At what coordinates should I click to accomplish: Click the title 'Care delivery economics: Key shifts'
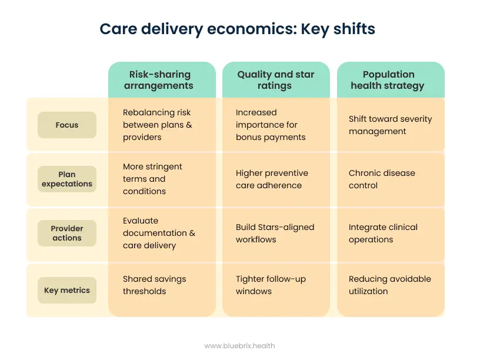tap(237, 29)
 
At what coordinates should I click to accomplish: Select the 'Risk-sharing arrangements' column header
tap(160, 80)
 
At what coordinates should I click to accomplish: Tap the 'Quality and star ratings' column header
tap(275, 80)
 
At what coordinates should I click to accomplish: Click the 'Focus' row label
tap(67, 125)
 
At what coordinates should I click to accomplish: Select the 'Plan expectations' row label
tap(67, 179)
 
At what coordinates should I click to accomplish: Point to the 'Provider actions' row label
tap(67, 233)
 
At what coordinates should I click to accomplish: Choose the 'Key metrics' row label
tap(67, 290)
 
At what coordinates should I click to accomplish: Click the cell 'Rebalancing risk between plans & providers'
tap(158, 125)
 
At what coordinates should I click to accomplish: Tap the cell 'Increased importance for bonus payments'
tap(271, 125)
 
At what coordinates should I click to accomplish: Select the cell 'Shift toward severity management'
tap(390, 125)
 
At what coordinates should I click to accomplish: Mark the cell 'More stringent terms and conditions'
tap(153, 179)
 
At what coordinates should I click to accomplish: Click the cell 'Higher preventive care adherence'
tap(272, 179)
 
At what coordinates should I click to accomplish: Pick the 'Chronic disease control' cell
tap(382, 179)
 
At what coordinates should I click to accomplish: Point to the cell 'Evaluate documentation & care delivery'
tap(159, 233)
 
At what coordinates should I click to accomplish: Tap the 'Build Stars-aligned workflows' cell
tap(275, 233)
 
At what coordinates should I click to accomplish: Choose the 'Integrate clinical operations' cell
tap(383, 233)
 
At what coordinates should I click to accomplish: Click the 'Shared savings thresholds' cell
tap(155, 285)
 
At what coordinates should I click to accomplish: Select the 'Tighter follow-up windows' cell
tap(271, 285)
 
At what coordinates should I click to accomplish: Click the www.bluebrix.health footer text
tap(239, 346)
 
